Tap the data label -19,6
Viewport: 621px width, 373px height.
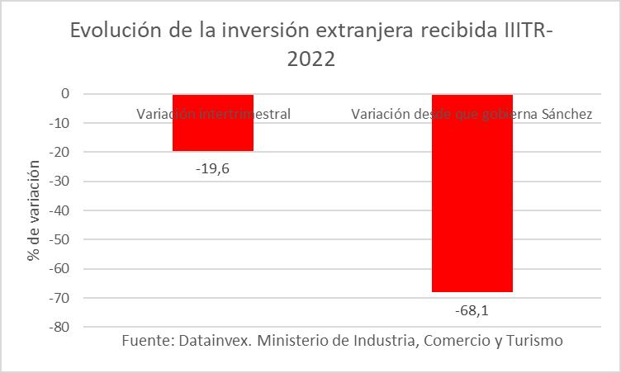[x=213, y=169]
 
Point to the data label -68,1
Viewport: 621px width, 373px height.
[x=472, y=311]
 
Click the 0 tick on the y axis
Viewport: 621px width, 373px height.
[x=64, y=94]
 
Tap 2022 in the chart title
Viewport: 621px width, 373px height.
[x=310, y=60]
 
